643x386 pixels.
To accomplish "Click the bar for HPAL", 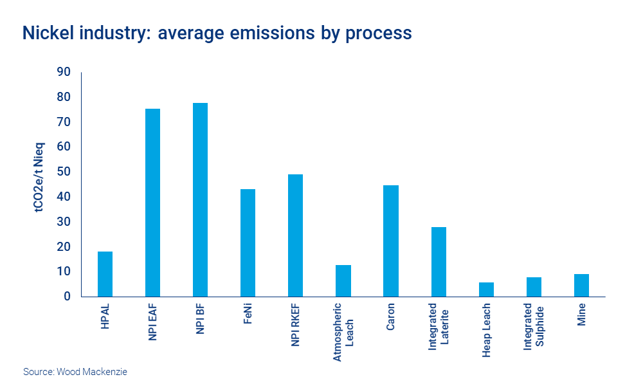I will click(x=105, y=274).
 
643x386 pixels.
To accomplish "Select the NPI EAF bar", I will click(x=152, y=203).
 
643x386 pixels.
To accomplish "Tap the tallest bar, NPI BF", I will click(x=200, y=199).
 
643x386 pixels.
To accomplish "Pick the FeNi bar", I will click(x=248, y=243).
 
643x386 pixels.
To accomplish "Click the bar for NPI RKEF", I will click(x=295, y=235).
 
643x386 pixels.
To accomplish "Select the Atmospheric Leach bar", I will click(x=343, y=280).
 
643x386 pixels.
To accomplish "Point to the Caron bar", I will click(x=391, y=241).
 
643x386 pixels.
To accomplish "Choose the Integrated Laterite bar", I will click(x=439, y=262).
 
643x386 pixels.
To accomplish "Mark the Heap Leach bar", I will click(x=486, y=289).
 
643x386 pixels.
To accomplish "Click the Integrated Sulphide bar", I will click(x=534, y=287).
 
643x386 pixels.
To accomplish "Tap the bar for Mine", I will click(x=581, y=285).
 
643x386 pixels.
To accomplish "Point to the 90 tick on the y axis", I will click(x=63, y=72).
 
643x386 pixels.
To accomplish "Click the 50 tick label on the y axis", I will click(x=63, y=172).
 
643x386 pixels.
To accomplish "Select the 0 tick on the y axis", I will click(x=66, y=297).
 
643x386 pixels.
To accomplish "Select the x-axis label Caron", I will click(x=391, y=317).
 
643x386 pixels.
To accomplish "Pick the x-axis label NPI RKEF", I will click(x=295, y=325).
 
